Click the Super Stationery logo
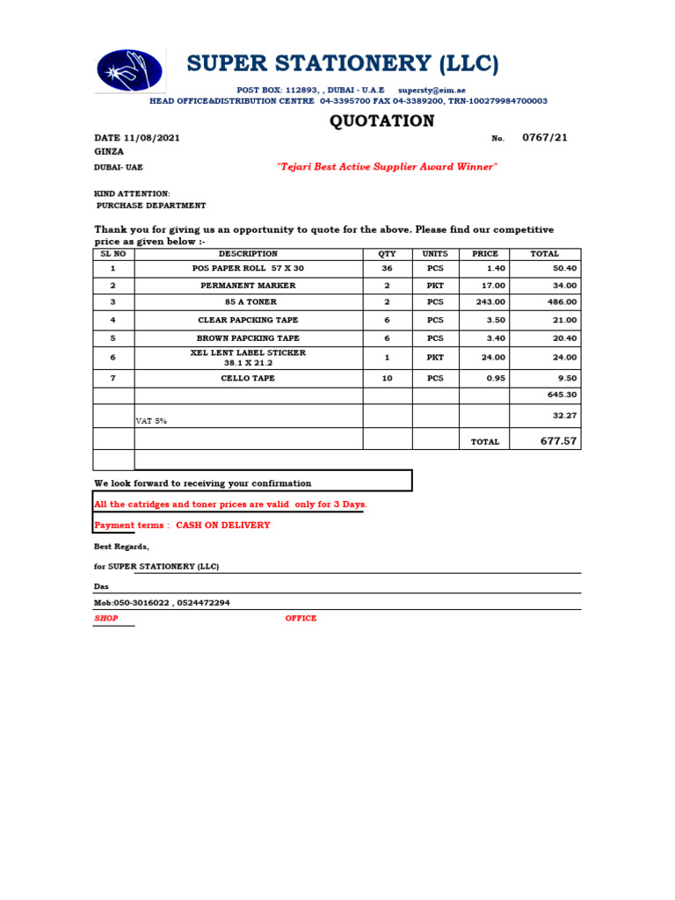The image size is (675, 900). coord(129,70)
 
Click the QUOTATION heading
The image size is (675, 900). coord(381,121)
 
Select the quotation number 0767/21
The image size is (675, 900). coord(545,138)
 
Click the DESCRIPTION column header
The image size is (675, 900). coord(248,254)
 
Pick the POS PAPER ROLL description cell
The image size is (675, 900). coord(248,269)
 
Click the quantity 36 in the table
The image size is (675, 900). coord(387,269)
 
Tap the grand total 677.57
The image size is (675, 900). coord(558,441)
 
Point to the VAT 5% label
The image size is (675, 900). coord(151,421)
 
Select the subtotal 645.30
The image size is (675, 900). coord(562,396)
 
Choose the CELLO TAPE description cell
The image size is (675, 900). coord(248,379)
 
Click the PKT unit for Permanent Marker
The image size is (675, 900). coord(435,286)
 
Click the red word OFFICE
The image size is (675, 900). coord(301,619)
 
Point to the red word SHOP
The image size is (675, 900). coord(105,619)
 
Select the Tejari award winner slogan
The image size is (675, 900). coord(387,167)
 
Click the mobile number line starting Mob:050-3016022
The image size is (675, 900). coord(162,603)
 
